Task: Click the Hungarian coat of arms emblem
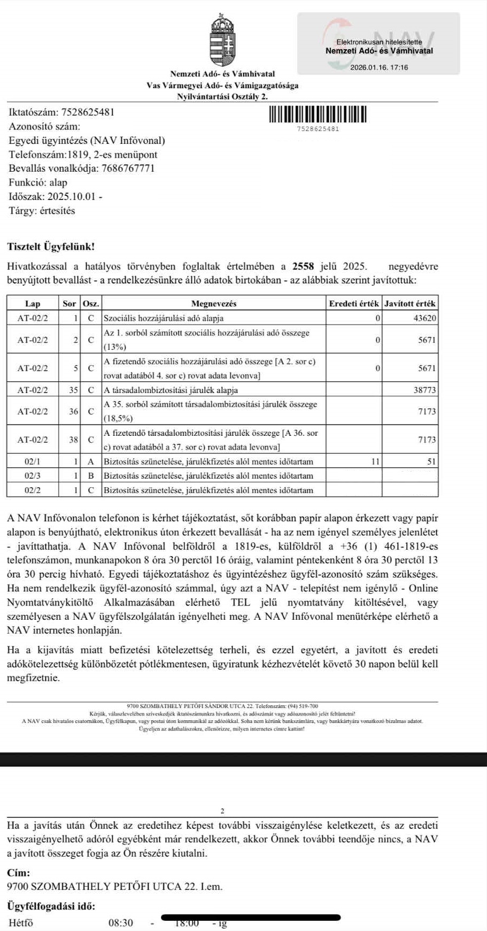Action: (222, 41)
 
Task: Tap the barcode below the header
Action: (319, 115)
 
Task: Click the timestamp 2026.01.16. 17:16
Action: (378, 67)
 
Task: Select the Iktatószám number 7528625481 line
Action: (61, 112)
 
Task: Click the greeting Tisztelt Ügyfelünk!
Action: (51, 247)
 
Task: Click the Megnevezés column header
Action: (213, 304)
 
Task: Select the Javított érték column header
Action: (410, 304)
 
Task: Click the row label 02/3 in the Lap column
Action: (33, 475)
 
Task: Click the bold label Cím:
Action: (19, 872)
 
